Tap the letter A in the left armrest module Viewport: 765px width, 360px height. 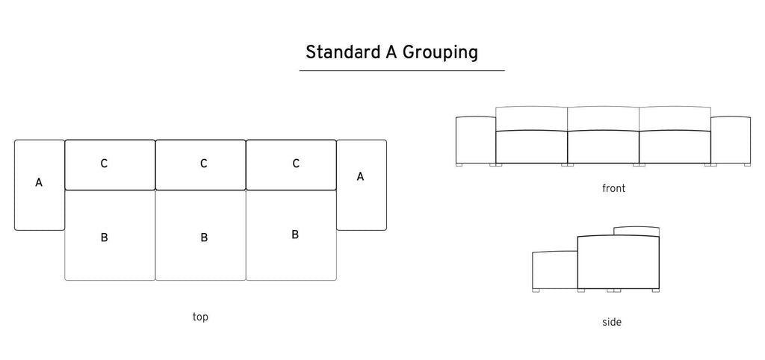coord(39,183)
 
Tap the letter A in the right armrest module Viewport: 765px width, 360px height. coord(360,176)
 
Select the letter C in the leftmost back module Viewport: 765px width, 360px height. coord(104,164)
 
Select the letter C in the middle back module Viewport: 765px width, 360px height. coord(204,164)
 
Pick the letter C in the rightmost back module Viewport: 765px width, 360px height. coord(296,164)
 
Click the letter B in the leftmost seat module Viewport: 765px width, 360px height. coord(104,238)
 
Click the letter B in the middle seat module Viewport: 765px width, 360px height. coord(204,238)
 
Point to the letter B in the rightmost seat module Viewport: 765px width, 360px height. coord(295,235)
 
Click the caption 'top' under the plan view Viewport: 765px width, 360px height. coord(200,317)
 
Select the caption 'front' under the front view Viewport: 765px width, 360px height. coord(613,188)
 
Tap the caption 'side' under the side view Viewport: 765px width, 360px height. coord(611,322)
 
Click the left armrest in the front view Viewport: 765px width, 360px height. coord(476,140)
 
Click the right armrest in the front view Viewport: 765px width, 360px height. coord(731,140)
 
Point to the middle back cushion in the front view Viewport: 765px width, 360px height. coord(603,119)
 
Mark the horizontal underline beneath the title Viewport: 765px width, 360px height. coord(402,71)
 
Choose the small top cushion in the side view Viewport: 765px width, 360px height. coord(637,232)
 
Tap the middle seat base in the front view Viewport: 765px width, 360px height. coord(603,147)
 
